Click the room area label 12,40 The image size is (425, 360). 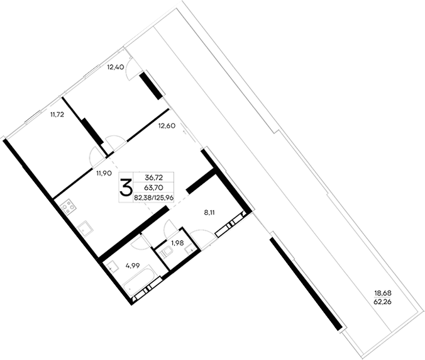pos(114,67)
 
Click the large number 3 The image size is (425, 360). pos(126,187)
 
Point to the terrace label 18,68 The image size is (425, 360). pos(383,293)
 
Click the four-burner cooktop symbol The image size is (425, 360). pos(68,206)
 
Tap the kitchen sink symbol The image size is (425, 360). pos(84,227)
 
